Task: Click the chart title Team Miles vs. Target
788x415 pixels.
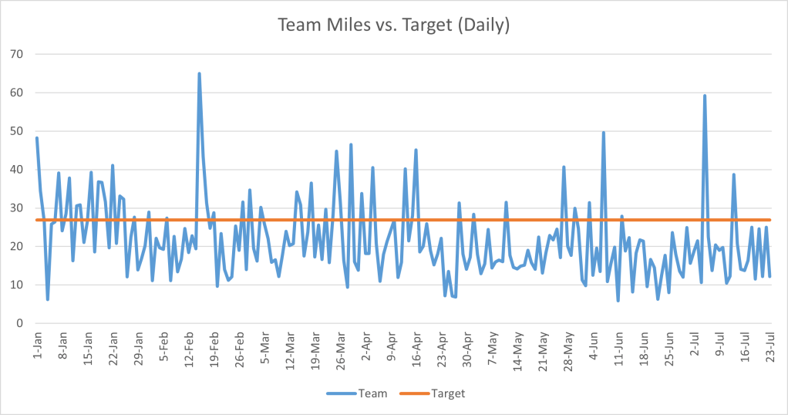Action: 393,25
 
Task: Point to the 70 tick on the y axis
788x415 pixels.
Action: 16,54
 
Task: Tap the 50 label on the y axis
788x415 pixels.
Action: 16,131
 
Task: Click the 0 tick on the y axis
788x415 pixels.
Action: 19,323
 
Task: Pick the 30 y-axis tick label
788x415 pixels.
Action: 16,207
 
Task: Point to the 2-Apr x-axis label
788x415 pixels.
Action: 363,346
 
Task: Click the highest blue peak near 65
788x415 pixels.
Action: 199,74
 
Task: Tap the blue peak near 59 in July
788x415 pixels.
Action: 705,96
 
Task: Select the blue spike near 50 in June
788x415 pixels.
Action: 603,133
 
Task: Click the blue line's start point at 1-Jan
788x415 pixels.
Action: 37,138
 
